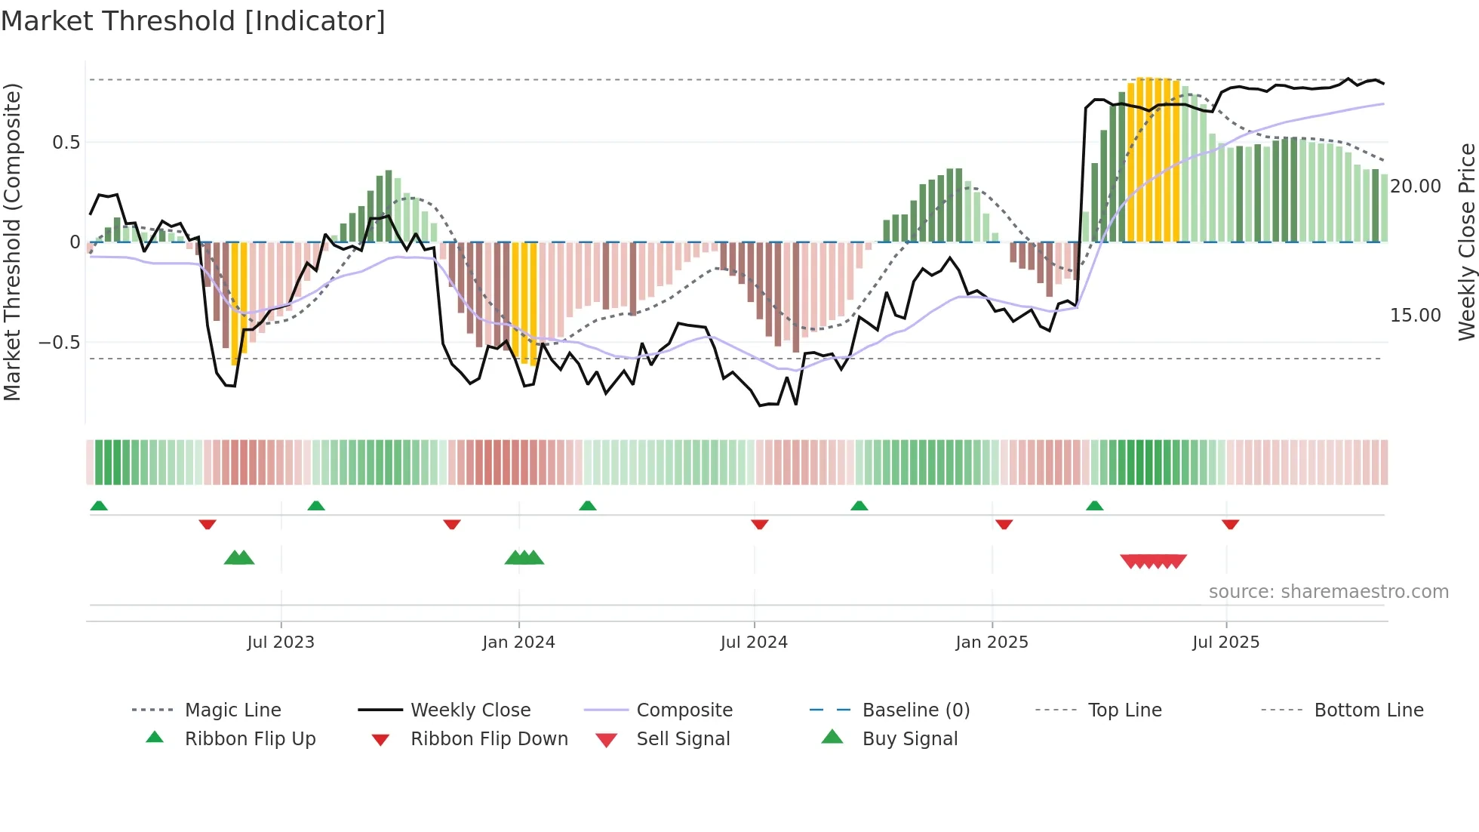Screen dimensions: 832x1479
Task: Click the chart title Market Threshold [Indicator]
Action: [x=193, y=21]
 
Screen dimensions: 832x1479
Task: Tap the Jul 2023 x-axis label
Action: [x=281, y=642]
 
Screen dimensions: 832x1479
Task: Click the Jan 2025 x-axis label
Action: [x=992, y=642]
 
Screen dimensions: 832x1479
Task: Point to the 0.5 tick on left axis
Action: [x=66, y=143]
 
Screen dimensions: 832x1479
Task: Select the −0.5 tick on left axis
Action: [x=60, y=343]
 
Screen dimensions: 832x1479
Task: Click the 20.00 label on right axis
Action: [x=1415, y=186]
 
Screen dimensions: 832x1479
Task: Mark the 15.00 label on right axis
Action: [x=1415, y=316]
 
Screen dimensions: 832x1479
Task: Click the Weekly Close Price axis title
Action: [x=1466, y=242]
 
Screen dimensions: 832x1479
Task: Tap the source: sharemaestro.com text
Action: [x=1328, y=592]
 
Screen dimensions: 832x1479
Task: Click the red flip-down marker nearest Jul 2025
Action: [x=1230, y=524]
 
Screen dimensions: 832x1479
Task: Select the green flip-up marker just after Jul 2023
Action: [x=316, y=506]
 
